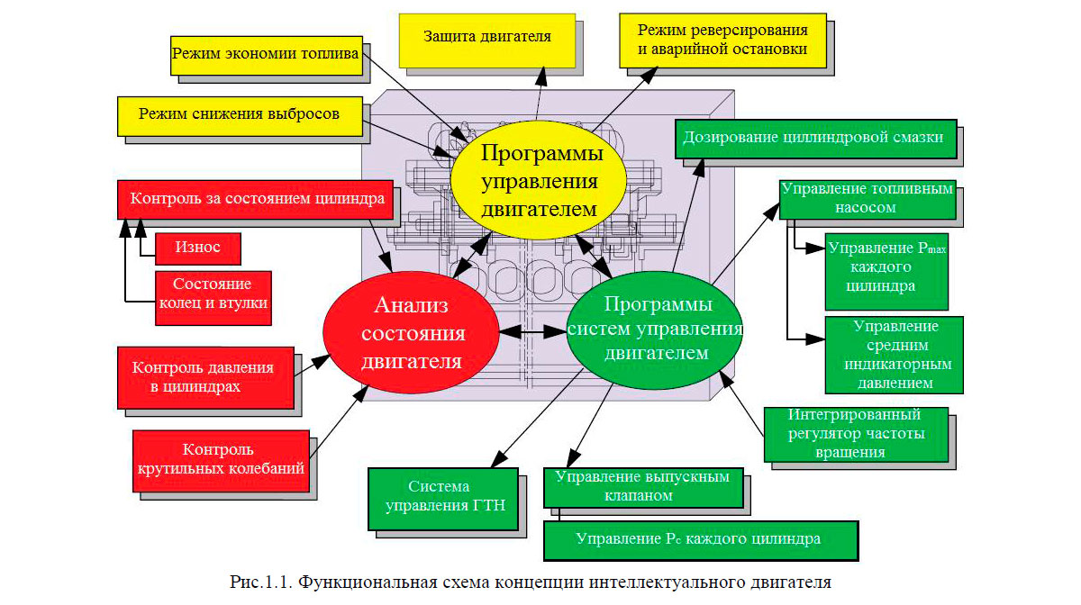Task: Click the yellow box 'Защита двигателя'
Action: point(486,38)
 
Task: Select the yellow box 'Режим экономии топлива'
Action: point(265,55)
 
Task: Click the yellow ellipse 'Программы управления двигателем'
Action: point(539,182)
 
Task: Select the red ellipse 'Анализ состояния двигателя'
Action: point(412,333)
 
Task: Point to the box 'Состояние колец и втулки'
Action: point(213,293)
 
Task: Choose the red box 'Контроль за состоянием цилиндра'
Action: point(257,198)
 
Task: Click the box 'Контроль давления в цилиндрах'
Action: point(204,376)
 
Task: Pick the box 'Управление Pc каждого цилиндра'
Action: point(700,539)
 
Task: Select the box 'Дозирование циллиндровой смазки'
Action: point(813,138)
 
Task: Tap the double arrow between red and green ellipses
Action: point(531,332)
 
